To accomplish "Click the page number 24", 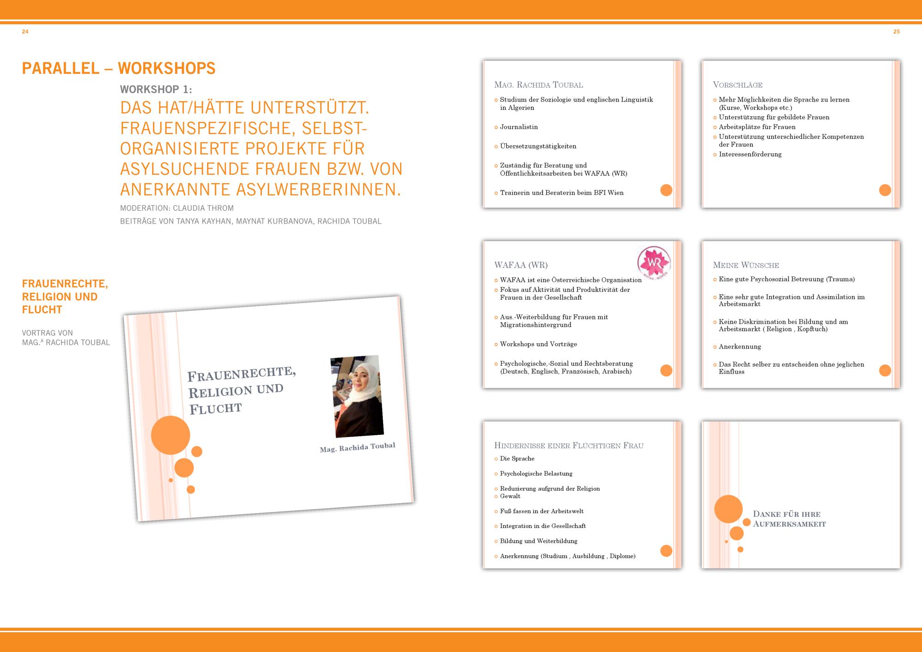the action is [x=25, y=32].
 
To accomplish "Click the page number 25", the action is [x=896, y=32].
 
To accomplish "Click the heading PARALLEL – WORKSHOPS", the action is [x=119, y=68].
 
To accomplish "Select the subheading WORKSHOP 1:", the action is [x=156, y=89].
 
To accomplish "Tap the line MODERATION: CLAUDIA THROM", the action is [x=177, y=208].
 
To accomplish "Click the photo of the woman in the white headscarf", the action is [x=357, y=397].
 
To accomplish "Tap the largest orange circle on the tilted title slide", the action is [x=171, y=435].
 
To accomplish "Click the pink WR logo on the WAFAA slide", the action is [x=654, y=263].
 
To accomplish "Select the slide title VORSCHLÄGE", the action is [x=738, y=85].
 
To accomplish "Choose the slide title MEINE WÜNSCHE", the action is [x=746, y=265].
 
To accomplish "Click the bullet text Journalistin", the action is [x=519, y=127].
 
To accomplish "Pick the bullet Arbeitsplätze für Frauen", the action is [x=757, y=127].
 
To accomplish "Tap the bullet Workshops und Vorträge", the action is [x=538, y=344].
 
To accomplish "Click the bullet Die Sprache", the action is [x=517, y=458].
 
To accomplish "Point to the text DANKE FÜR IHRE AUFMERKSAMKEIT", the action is [x=789, y=519].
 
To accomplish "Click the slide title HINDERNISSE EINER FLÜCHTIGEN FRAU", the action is [x=569, y=445].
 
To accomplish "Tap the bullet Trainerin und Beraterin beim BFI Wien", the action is [x=561, y=193].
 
